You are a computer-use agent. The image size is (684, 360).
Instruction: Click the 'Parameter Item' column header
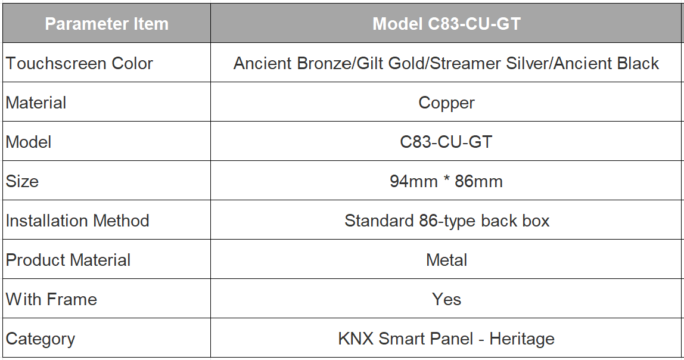[107, 24]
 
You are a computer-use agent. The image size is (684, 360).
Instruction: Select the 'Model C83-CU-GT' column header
[447, 24]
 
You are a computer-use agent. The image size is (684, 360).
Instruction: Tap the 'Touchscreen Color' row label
[79, 63]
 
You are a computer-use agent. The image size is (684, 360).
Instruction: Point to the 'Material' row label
[36, 103]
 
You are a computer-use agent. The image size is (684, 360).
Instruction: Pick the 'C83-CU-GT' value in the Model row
[446, 142]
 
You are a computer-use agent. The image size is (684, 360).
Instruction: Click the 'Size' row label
[22, 181]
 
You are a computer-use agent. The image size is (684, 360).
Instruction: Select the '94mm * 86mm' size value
[446, 181]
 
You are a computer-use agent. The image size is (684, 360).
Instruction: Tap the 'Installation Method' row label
[77, 221]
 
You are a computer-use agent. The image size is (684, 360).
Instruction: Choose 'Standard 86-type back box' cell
[447, 221]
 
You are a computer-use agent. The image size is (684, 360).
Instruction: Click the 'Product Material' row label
[68, 260]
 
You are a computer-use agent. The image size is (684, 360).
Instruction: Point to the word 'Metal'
[447, 260]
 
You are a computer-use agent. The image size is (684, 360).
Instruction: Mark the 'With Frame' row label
[51, 299]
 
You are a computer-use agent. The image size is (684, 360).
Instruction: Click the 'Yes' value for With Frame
[447, 299]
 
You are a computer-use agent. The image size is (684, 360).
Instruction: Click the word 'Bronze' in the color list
[324, 63]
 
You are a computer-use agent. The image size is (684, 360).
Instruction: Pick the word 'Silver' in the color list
[527, 63]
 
